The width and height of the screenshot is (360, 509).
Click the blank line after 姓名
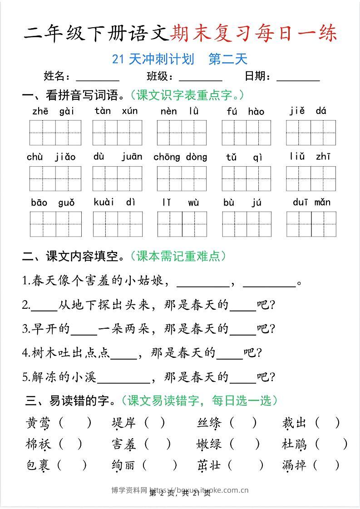coord(98,77)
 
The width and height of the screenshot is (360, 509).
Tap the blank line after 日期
coord(298,77)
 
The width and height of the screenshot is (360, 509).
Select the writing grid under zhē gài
coord(55,133)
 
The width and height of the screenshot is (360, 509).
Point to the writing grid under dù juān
coord(117,178)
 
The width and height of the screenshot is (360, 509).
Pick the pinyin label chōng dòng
coord(180,157)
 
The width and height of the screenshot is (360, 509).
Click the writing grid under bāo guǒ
coord(55,224)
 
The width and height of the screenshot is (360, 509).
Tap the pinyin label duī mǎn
coord(311,202)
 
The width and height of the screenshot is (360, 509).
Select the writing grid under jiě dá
coord(311,133)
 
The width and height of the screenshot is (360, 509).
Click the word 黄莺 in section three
coord(38,423)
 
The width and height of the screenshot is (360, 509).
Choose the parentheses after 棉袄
coord(70,444)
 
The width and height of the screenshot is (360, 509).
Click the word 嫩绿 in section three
coord(209,444)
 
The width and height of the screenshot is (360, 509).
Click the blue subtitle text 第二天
coord(227,59)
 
